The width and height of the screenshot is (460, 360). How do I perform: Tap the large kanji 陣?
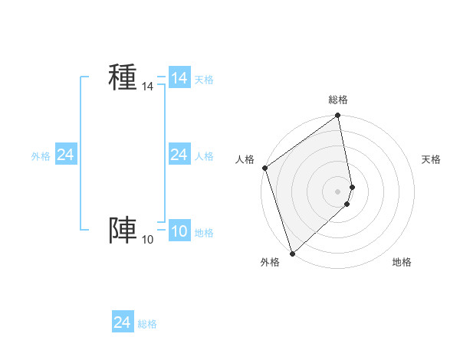pos(123,230)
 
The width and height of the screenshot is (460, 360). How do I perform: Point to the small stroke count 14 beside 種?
pos(147,87)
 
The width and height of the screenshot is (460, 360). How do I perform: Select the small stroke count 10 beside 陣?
pos(147,241)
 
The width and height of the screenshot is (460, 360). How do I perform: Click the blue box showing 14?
pos(179,78)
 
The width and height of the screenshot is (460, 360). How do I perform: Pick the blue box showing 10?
pos(179,231)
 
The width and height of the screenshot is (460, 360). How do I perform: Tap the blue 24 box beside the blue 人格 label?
pos(179,155)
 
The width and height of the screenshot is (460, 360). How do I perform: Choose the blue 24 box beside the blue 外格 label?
pos(65,155)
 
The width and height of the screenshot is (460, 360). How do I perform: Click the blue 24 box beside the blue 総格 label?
pos(122,322)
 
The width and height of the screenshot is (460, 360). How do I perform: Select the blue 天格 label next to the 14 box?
pos(204,79)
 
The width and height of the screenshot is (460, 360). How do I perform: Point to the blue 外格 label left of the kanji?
pos(41,155)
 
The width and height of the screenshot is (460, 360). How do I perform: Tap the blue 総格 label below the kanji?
pos(147,324)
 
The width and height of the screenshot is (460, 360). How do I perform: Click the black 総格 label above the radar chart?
pos(338,100)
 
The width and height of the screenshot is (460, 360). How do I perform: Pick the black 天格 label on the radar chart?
pos(432,159)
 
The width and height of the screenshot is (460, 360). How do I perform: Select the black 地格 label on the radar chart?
pos(402,262)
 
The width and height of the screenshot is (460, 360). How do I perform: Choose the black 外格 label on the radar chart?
pos(270,262)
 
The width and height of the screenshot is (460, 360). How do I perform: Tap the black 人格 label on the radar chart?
pos(245,159)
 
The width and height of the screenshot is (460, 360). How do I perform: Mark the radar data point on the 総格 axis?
pos(338,116)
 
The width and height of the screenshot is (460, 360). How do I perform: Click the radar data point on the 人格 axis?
pos(265,168)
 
